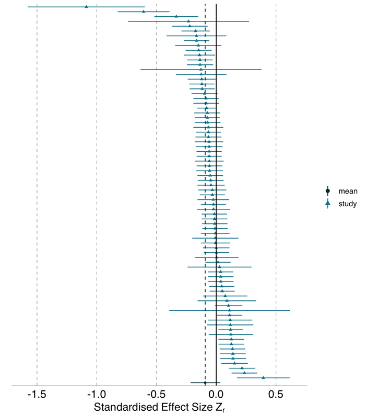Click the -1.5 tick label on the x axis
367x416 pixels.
click(x=37, y=393)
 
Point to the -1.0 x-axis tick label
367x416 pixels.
click(x=97, y=393)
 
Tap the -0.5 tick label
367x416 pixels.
click(x=156, y=393)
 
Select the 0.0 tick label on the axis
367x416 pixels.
click(x=216, y=393)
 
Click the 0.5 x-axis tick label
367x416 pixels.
click(x=276, y=393)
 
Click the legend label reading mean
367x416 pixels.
click(x=348, y=192)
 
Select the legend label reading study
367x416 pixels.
click(x=348, y=204)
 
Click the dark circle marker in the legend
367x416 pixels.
click(x=328, y=192)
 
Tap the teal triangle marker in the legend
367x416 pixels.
click(x=328, y=204)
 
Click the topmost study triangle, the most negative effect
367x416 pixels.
click(x=86, y=6)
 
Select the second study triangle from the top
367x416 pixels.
click(x=144, y=11)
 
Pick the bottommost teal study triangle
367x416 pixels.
click(x=263, y=377)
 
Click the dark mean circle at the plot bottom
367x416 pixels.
click(x=205, y=383)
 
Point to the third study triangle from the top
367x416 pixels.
click(x=176, y=16)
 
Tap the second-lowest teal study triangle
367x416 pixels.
click(x=244, y=373)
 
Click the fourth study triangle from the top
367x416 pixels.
click(x=189, y=21)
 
